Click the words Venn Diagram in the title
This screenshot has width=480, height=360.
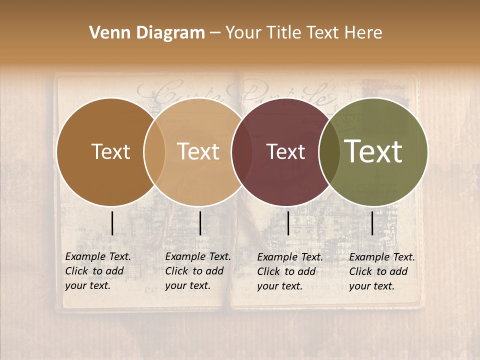tap(147, 33)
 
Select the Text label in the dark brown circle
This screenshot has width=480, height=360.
tap(110, 152)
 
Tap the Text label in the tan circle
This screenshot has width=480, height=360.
tap(198, 152)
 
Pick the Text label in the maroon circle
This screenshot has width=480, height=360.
tap(286, 152)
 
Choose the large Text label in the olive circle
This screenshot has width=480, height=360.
tap(373, 151)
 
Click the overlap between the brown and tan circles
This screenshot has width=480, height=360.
tap(154, 152)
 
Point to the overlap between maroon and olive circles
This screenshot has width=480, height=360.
tap(329, 152)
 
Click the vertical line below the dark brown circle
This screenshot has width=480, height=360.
tap(112, 223)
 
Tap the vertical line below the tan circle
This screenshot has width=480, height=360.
tap(200, 223)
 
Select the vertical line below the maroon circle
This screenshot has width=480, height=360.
tap(288, 223)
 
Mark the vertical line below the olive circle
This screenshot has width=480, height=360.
tap(372, 223)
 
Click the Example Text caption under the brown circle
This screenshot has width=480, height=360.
tap(98, 271)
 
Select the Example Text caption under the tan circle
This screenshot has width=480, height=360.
tap(198, 271)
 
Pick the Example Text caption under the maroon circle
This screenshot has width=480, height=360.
tap(290, 271)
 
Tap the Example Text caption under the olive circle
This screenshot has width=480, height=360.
tap(382, 271)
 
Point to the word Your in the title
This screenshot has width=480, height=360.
tap(242, 33)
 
